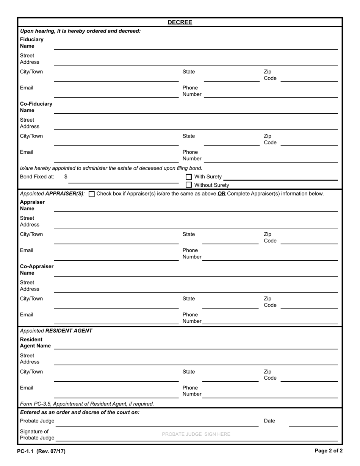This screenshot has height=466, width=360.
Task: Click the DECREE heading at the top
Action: (x=180, y=22)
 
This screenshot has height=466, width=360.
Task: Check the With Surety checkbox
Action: (x=189, y=177)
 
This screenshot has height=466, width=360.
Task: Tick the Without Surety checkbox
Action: (x=189, y=185)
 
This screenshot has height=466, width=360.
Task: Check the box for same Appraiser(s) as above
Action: (x=91, y=194)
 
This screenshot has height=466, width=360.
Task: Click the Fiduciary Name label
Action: (x=32, y=43)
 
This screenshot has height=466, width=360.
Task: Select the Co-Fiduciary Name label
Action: (x=36, y=107)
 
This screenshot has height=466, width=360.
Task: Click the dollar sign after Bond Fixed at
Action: (x=66, y=177)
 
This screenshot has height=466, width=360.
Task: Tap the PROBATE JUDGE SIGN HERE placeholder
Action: (x=196, y=434)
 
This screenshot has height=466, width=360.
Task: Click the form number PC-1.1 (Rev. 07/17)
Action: (x=41, y=451)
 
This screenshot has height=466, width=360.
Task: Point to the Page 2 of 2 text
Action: (x=329, y=451)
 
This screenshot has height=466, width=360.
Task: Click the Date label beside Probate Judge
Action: (x=269, y=421)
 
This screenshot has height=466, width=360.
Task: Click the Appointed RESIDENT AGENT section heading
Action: (x=56, y=331)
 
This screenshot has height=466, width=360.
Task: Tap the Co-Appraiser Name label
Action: (x=37, y=270)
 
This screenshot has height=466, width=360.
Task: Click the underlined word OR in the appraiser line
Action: (x=222, y=194)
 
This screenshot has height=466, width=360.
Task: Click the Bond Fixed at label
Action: (x=37, y=177)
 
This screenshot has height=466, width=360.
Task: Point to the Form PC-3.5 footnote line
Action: (x=87, y=404)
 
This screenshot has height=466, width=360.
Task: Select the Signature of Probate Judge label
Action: (x=37, y=435)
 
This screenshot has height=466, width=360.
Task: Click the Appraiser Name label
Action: (x=32, y=205)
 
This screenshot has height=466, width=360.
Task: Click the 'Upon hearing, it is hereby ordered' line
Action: (x=80, y=31)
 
